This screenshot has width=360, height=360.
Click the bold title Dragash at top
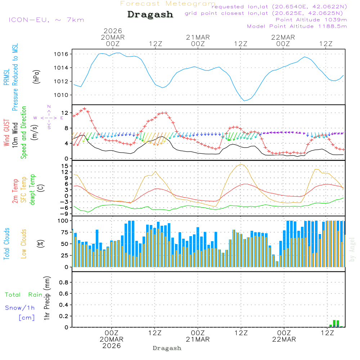(150, 14)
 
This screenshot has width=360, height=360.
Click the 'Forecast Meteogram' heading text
(168, 4)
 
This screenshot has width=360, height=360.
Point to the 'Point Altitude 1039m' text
(311, 19)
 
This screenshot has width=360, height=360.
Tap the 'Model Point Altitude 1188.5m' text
(297, 26)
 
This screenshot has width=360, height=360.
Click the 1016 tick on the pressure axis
(62, 54)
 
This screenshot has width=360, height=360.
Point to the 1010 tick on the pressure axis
(62, 95)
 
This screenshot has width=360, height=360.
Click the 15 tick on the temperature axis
(65, 166)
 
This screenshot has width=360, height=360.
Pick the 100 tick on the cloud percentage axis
(63, 220)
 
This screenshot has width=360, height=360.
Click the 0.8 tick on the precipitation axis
(64, 282)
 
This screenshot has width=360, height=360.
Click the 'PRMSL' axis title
(6, 77)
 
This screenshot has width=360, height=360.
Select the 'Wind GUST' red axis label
(6, 133)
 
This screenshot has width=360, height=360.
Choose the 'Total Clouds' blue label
(6, 244)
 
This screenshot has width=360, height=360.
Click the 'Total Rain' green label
(23, 294)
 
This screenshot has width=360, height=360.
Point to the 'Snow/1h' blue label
(20, 308)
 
